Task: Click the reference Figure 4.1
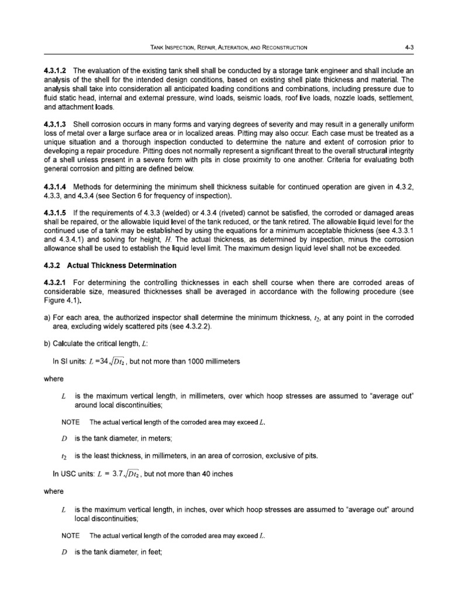pos(63,301)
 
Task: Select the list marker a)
pos(48,317)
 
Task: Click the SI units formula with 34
pos(103,362)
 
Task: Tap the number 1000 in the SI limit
pos(198,362)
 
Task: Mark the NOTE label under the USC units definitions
pos(71,535)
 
